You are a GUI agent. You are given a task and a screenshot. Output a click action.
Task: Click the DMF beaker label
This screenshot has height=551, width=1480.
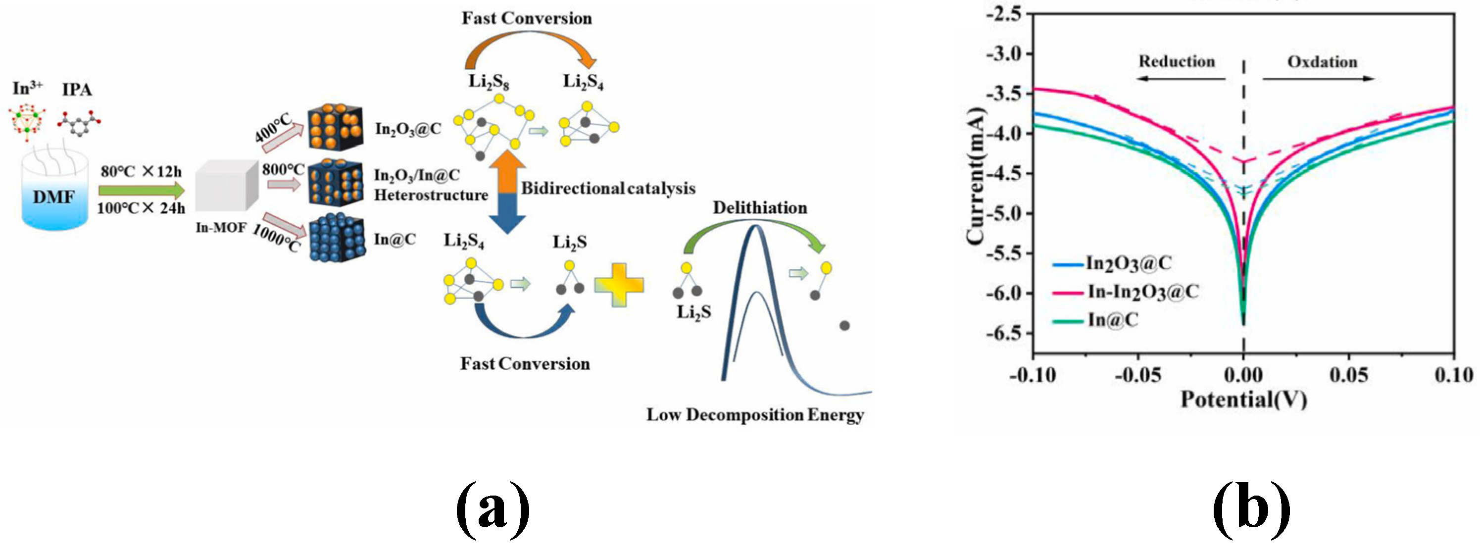click(x=53, y=197)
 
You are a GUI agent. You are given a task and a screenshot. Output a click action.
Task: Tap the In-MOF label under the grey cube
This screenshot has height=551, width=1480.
click(x=221, y=228)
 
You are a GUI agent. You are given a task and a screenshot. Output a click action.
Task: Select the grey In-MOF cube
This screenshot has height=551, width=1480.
click(x=226, y=186)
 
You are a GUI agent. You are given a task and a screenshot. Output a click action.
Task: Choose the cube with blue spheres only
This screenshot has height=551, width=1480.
click(x=337, y=239)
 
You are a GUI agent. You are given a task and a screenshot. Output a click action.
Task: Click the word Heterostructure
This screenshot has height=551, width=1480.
click(x=431, y=196)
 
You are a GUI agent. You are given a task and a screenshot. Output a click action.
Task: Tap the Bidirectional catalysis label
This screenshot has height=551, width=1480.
click(x=608, y=189)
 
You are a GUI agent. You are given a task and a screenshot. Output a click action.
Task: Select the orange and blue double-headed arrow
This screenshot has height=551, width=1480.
click(x=507, y=191)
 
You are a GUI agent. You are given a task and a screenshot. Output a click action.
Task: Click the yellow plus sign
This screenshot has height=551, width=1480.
click(x=619, y=285)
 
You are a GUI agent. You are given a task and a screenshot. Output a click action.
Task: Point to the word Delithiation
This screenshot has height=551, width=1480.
click(x=759, y=207)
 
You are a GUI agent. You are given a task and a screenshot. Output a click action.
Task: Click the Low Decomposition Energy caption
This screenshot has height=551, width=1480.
click(x=755, y=415)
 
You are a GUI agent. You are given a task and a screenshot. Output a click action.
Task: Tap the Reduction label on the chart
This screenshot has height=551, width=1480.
click(x=1177, y=62)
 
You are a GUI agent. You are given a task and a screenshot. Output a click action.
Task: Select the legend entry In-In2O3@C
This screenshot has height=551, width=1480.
click(x=1142, y=292)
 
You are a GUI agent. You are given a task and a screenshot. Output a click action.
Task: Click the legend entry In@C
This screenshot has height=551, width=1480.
click(x=1112, y=319)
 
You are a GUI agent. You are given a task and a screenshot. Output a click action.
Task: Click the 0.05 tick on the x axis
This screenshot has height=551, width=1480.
click(x=1348, y=375)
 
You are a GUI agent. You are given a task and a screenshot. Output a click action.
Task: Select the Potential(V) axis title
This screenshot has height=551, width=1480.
click(x=1243, y=400)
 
